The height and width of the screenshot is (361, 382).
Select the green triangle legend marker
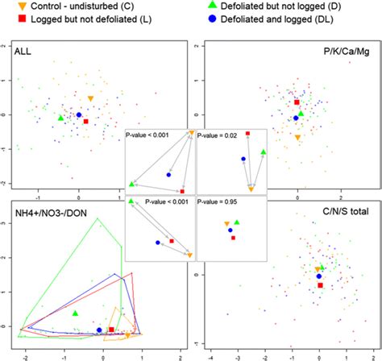(212, 6)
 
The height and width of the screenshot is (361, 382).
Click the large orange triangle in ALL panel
(90, 98)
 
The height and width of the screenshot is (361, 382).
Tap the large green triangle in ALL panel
(60, 118)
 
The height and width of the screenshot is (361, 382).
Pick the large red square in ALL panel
(86, 121)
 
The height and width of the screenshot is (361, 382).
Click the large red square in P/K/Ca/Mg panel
(297, 102)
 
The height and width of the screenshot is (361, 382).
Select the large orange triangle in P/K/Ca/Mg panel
(298, 138)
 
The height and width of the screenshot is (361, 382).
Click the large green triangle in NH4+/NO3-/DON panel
(75, 312)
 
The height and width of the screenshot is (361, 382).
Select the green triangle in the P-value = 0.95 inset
(237, 222)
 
